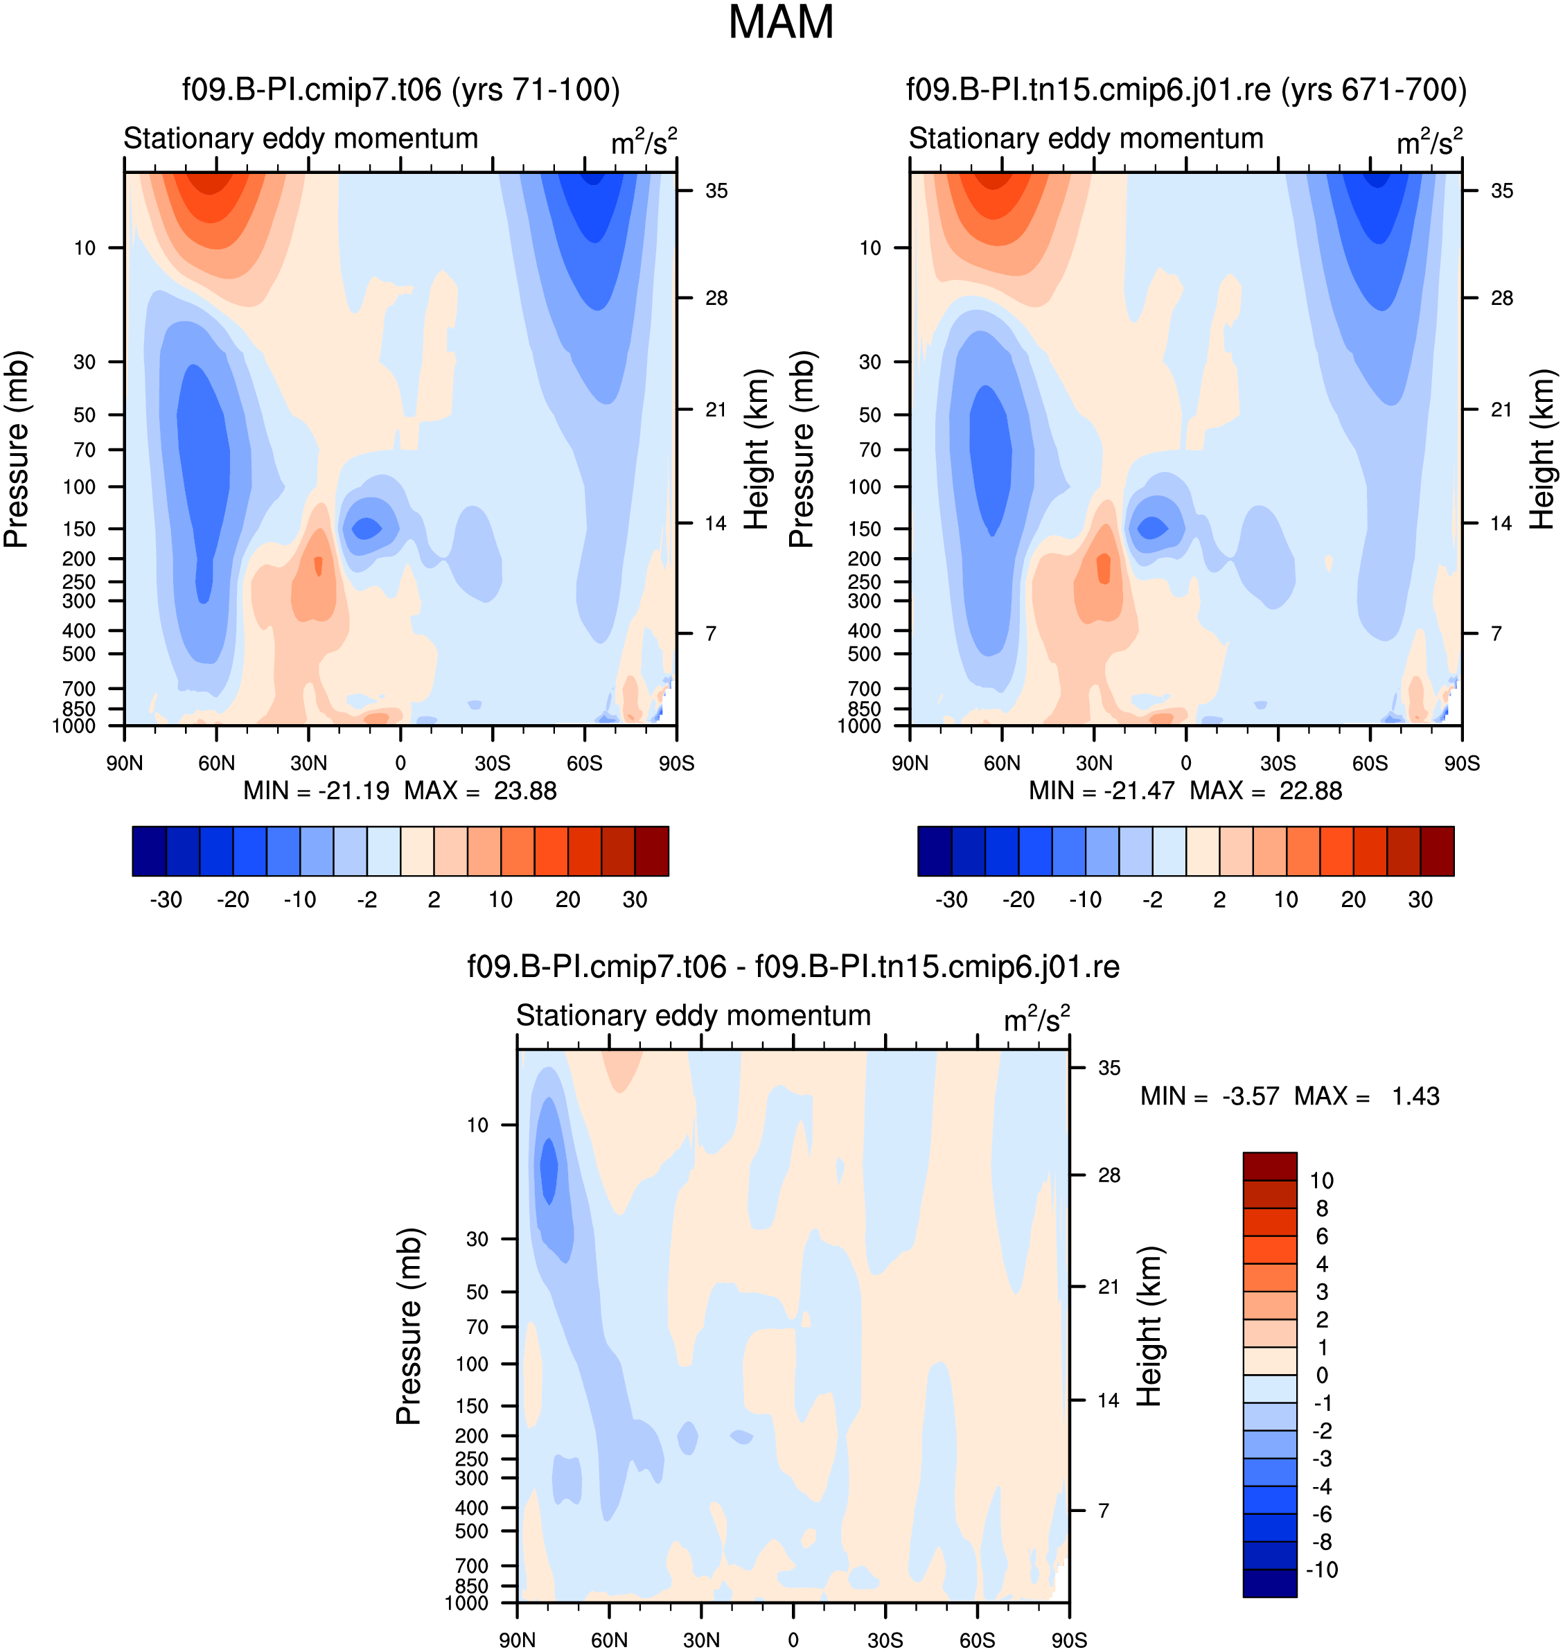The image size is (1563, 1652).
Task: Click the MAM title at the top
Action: [x=781, y=22]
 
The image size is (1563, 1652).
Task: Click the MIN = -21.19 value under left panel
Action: [x=316, y=790]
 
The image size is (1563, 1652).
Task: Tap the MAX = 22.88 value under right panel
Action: [x=1266, y=790]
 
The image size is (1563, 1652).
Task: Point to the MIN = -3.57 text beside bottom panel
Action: [x=1209, y=1096]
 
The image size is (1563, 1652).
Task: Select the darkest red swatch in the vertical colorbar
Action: [x=1270, y=1166]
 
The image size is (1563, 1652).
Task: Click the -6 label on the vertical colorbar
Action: [x=1321, y=1513]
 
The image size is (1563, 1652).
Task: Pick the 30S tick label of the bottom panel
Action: [x=885, y=1640]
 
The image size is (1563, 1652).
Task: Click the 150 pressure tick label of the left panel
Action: [x=79, y=529]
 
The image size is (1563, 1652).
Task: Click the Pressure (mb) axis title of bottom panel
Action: [x=409, y=1326]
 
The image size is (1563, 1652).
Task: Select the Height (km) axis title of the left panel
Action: [x=756, y=449]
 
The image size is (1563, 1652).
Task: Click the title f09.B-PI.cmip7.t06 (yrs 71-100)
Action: [x=400, y=89]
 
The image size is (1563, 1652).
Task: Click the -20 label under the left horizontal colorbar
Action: [x=233, y=899]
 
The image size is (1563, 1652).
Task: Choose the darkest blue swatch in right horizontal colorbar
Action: [x=935, y=851]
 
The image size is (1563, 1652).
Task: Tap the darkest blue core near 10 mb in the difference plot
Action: [x=548, y=1170]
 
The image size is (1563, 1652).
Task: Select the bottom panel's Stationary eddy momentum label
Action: [x=694, y=1015]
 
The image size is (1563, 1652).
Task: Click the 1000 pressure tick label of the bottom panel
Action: [x=466, y=1603]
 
